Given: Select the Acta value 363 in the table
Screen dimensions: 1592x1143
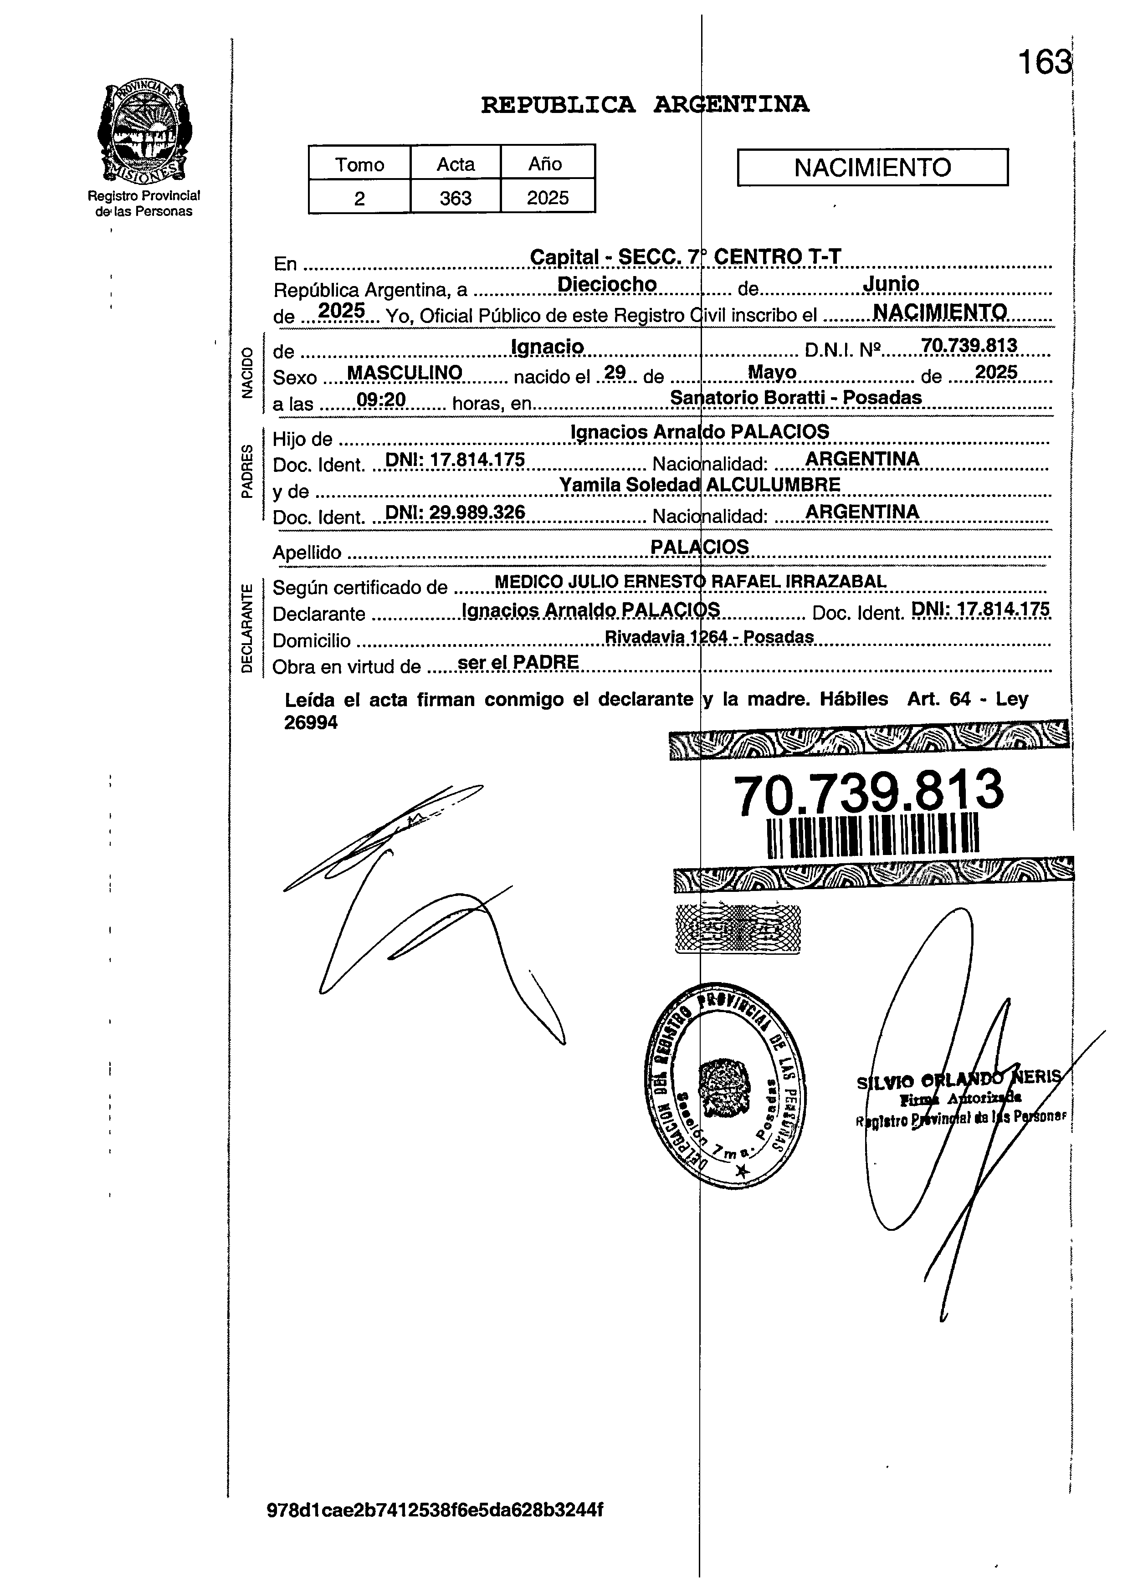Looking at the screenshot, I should pyautogui.click(x=455, y=198).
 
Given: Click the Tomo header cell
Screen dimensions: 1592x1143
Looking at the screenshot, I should pyautogui.click(x=359, y=164).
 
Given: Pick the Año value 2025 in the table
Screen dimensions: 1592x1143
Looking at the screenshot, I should pyautogui.click(x=548, y=198).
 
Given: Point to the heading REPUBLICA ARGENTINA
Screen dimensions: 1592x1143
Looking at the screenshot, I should pyautogui.click(x=645, y=105).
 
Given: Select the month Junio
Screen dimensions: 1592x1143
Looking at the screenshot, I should pyautogui.click(x=890, y=284).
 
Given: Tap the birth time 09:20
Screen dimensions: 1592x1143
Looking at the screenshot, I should pyautogui.click(x=381, y=400).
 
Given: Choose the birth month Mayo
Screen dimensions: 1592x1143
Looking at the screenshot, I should pyautogui.click(x=772, y=372).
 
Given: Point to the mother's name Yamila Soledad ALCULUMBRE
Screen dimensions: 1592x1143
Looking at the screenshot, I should pyautogui.click(x=699, y=484).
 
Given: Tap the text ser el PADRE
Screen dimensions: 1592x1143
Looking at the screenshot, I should pyautogui.click(x=518, y=662).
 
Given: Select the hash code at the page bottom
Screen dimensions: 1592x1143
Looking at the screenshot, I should pyautogui.click(x=435, y=1510).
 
